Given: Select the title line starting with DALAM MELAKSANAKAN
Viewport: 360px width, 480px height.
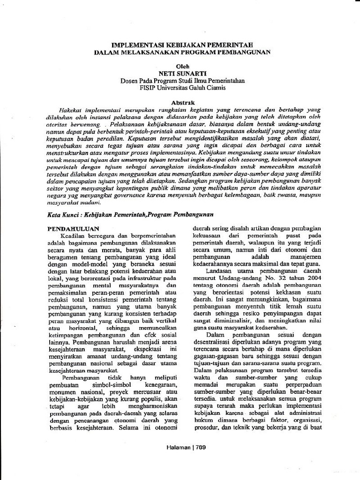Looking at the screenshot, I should click(x=182, y=52).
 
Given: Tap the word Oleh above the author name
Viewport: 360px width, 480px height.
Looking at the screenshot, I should click(x=182, y=67).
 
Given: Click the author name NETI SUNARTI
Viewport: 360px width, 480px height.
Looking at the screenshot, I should click(x=182, y=74).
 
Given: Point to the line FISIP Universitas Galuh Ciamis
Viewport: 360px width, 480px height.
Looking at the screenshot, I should click(x=182, y=87).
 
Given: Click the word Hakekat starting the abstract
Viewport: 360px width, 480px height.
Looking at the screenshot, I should click(x=65, y=109).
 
